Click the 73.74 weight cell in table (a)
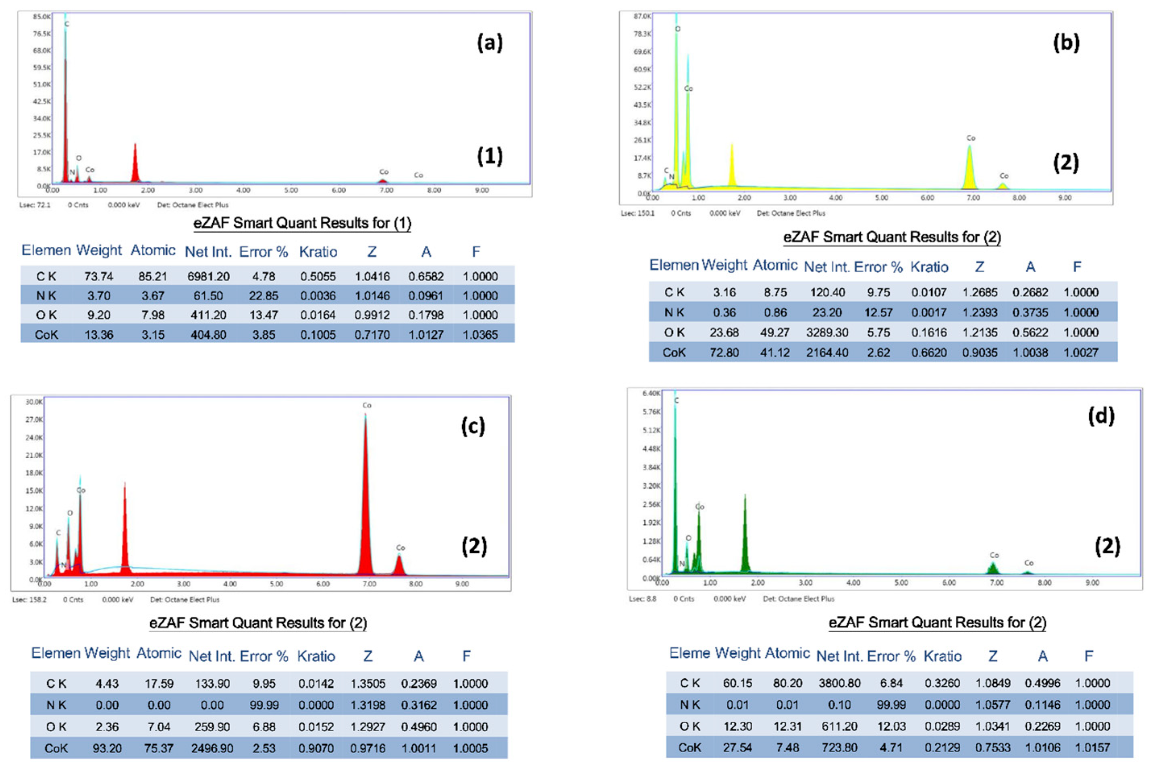coord(98,277)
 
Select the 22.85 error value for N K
coord(264,296)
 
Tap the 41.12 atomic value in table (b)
coord(775,352)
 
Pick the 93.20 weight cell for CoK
coord(107,748)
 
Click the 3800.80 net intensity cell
coord(840,683)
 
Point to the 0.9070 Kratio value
coord(316,748)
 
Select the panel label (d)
coord(1101,416)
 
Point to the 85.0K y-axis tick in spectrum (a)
coord(42,17)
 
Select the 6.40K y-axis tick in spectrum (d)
coord(651,393)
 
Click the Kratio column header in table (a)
coord(318,252)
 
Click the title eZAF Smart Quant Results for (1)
coord(302,223)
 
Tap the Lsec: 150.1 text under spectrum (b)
coord(637,213)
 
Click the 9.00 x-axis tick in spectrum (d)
coord(1092,582)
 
